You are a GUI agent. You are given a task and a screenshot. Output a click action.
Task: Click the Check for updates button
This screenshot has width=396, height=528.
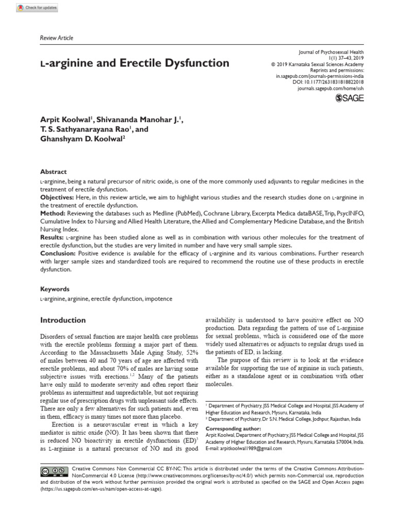click(x=37, y=8)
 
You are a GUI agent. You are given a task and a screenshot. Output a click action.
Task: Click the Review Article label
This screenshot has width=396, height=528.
click(x=57, y=38)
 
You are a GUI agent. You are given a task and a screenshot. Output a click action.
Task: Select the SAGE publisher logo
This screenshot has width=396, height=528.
click(x=350, y=98)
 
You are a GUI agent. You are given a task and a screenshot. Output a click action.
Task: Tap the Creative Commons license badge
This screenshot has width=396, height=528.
click(x=54, y=471)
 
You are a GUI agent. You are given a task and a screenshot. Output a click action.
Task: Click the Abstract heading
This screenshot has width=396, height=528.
click(x=54, y=172)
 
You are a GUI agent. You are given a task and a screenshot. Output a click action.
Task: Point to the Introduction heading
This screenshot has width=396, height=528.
click(x=63, y=320)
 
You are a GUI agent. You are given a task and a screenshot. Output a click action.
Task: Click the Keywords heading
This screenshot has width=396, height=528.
click(x=55, y=289)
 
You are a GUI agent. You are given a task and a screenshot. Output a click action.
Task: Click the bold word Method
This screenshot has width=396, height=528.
click(x=53, y=213)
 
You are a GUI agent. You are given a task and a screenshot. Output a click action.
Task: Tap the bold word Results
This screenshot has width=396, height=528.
click(x=53, y=237)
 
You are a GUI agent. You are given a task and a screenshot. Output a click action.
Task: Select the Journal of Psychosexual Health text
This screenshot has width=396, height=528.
click(x=331, y=52)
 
